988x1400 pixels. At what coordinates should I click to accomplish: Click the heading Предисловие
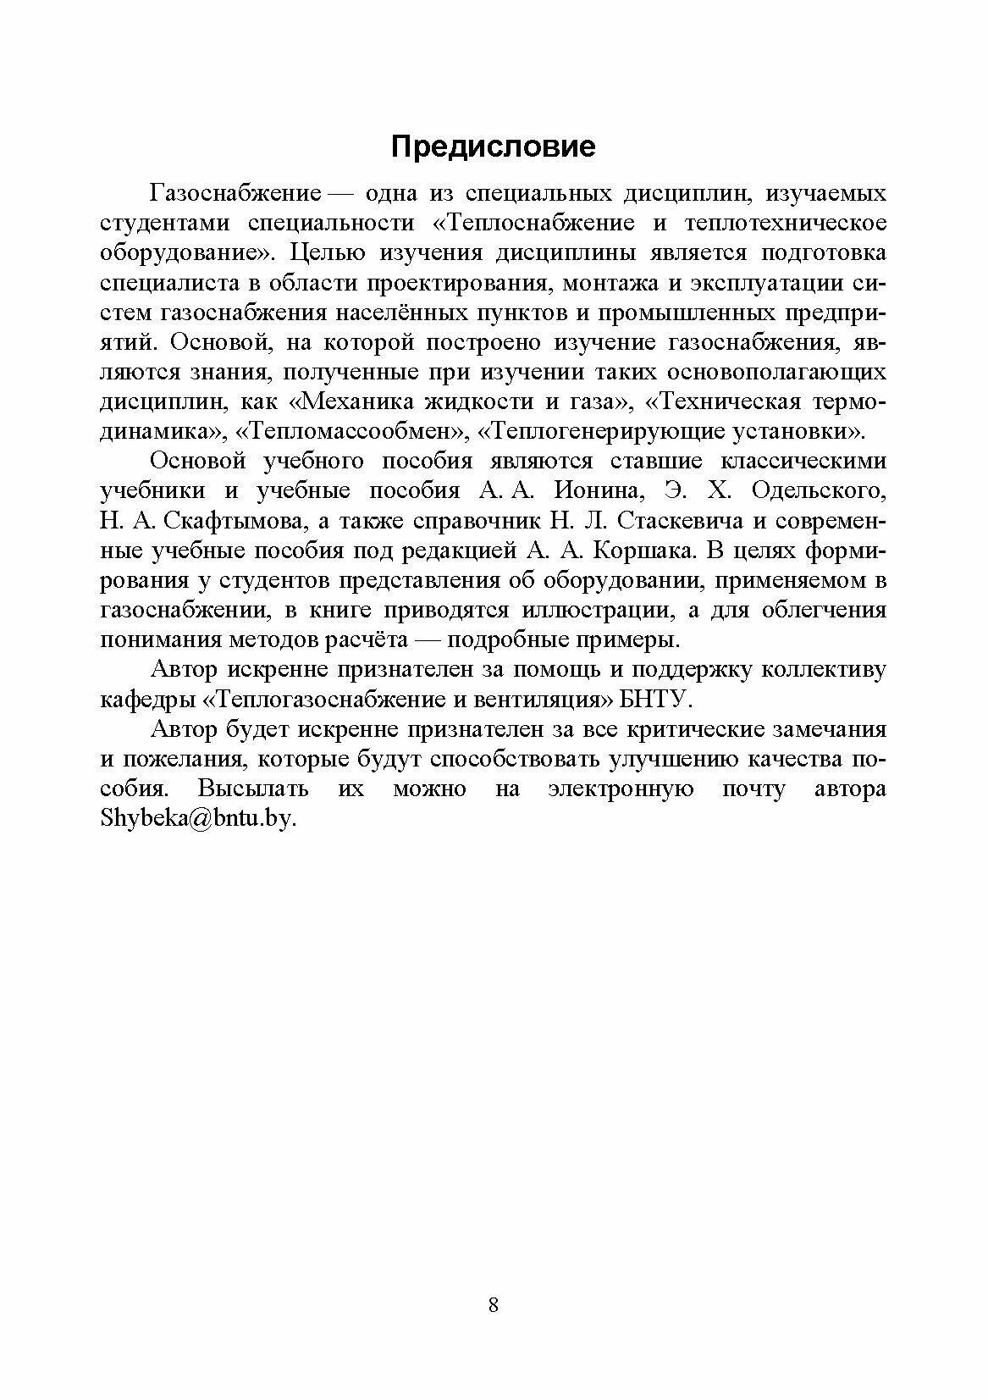point(493,147)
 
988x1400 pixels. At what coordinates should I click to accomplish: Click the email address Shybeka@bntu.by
point(199,819)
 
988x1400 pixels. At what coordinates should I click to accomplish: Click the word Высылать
point(252,789)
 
